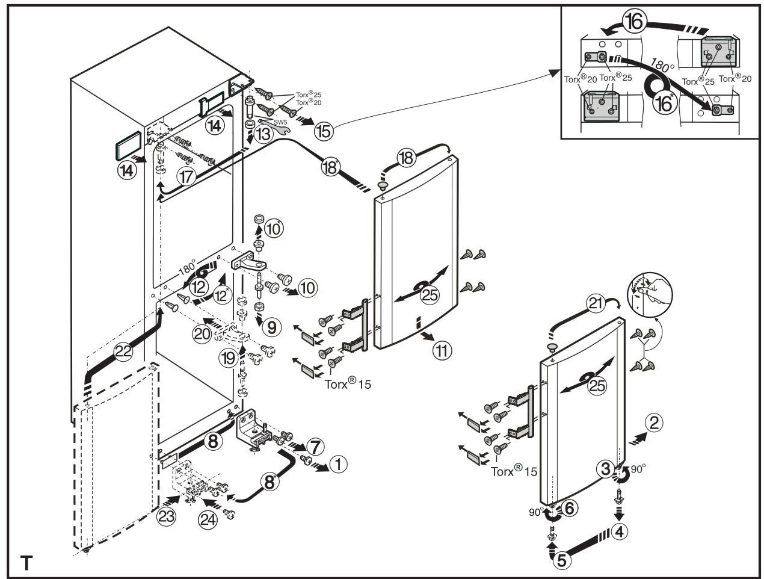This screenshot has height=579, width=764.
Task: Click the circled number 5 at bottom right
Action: (x=559, y=560)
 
